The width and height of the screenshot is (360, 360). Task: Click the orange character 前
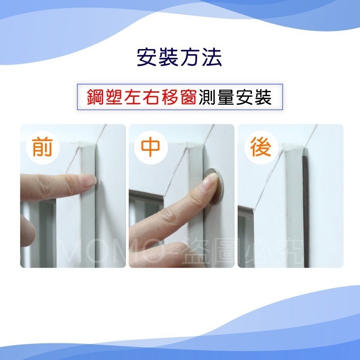[42, 148]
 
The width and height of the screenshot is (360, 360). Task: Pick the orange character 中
[151, 148]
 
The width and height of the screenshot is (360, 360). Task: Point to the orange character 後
[261, 148]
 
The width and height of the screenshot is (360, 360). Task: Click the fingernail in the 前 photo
[89, 180]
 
